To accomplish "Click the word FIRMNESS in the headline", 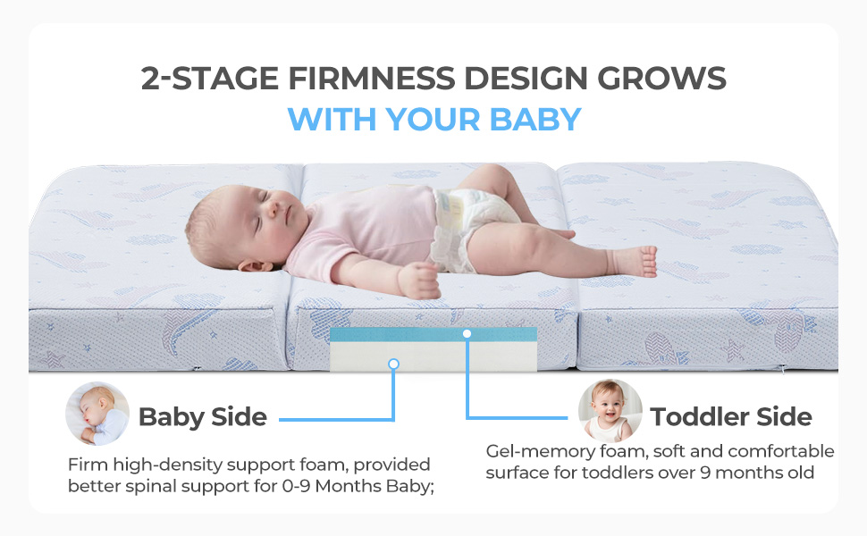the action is [x=372, y=78].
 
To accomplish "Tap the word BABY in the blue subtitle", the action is [x=535, y=120].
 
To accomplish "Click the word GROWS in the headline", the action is [x=661, y=78].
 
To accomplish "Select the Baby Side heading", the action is [x=202, y=416].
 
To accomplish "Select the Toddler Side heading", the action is [x=731, y=416].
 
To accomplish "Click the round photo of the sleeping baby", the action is [x=97, y=414].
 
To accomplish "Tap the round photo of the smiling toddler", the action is [x=610, y=411].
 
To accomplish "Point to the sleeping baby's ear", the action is [x=255, y=266].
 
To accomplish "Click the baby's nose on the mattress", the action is [x=274, y=209].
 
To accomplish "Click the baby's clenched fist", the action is [x=419, y=281].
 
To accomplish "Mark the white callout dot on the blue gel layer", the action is [x=467, y=334].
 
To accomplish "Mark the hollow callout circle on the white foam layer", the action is [x=393, y=364].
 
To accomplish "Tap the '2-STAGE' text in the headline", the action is [x=209, y=78].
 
